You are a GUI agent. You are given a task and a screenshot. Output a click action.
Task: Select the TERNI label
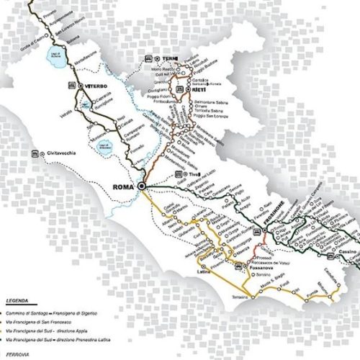tap(170, 56)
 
